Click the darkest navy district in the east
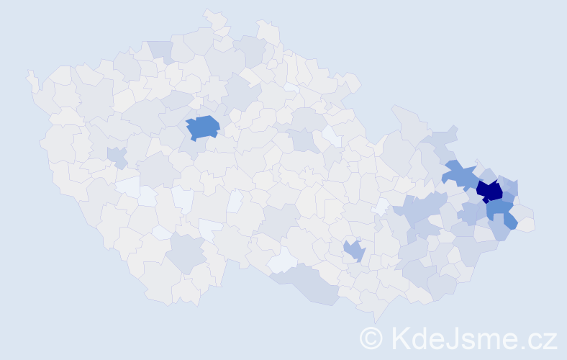(490, 191)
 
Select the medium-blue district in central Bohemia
(203, 127)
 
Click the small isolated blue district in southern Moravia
(354, 250)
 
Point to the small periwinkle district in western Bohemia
(116, 156)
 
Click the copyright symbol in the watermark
(372, 338)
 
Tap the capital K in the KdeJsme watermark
(400, 338)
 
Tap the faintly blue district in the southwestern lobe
(187, 253)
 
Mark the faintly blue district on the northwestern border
(161, 50)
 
